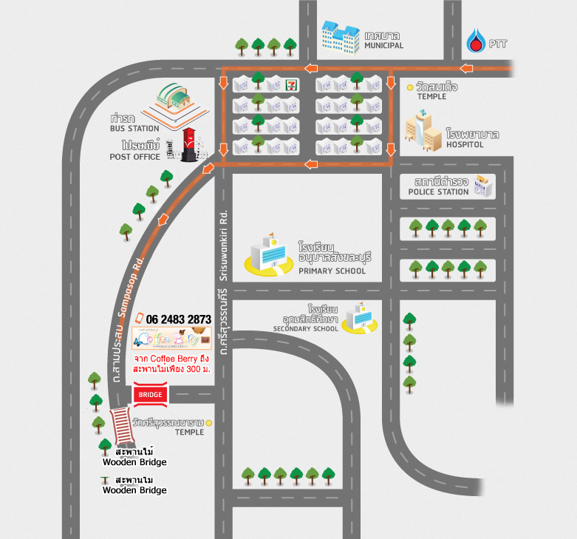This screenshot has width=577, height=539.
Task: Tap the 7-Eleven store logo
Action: click(293, 84)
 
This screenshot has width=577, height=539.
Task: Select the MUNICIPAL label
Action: click(383, 46)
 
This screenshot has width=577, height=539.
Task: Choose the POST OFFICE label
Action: click(135, 157)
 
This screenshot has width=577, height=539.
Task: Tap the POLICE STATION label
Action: click(438, 192)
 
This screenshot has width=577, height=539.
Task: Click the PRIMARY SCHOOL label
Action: click(332, 271)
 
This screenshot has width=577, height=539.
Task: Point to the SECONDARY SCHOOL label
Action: click(305, 328)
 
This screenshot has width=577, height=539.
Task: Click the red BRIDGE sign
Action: click(150, 394)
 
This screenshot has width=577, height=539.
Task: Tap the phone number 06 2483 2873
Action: click(179, 319)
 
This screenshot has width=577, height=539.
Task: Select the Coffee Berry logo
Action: click(171, 339)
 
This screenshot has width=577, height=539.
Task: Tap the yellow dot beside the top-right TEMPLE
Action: click(410, 87)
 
